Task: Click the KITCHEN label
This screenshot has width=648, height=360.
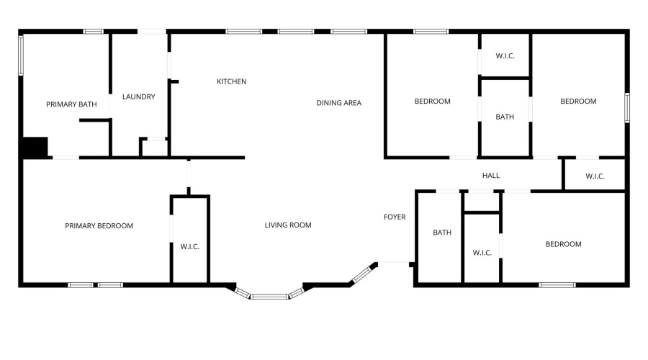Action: click(x=231, y=81)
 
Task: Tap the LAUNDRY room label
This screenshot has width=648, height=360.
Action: click(x=138, y=96)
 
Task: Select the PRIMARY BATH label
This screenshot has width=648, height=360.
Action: click(x=71, y=104)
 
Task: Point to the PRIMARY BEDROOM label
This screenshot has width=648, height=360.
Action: click(x=99, y=225)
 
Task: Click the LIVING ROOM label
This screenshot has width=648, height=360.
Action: click(x=288, y=225)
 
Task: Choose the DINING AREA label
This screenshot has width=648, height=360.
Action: click(x=339, y=103)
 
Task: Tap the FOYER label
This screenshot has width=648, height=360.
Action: click(x=395, y=217)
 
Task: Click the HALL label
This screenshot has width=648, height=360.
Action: click(x=491, y=175)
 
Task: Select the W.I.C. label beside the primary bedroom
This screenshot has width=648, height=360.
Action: click(x=189, y=247)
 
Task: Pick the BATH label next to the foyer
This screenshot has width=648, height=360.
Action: click(x=442, y=233)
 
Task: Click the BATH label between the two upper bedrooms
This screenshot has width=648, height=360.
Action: click(x=505, y=117)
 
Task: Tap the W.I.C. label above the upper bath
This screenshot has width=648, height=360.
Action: click(x=505, y=55)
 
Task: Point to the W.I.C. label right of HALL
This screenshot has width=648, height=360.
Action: click(x=595, y=176)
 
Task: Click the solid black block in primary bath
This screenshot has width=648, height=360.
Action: click(x=35, y=147)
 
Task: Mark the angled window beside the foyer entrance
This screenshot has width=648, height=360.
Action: click(x=362, y=274)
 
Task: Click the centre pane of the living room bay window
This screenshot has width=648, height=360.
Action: click(x=269, y=297)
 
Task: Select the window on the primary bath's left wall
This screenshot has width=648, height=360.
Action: click(x=21, y=55)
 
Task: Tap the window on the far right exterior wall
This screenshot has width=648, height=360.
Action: click(x=627, y=107)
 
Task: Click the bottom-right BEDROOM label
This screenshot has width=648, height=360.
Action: click(x=563, y=244)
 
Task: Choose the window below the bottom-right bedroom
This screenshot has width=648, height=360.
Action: click(x=557, y=285)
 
